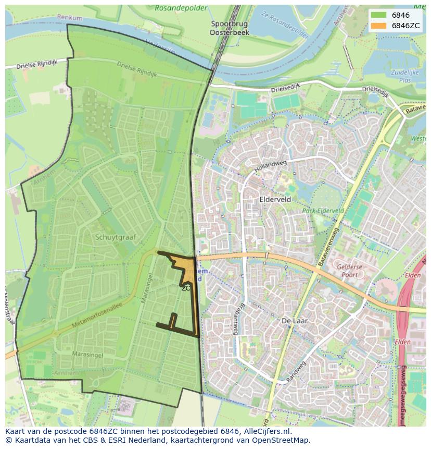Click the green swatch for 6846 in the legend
tap(378, 15)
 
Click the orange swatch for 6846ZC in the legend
tap(378, 26)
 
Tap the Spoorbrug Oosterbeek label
tap(230, 28)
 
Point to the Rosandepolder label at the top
tap(181, 8)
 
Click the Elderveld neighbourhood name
tap(275, 199)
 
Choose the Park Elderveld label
tap(323, 211)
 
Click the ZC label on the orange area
tap(186, 287)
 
